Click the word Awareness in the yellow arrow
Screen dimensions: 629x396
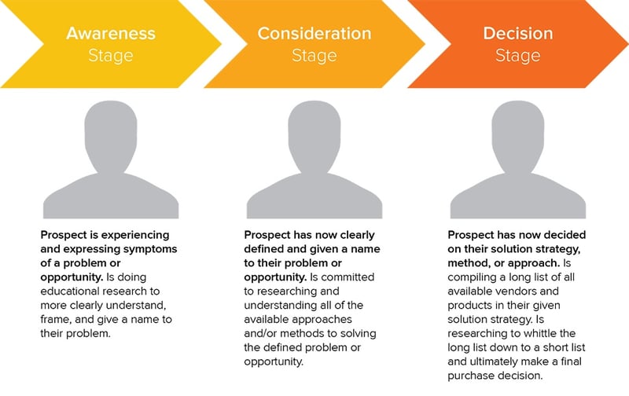(111, 33)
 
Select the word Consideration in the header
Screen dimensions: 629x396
(314, 33)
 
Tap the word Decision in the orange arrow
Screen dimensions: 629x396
(518, 33)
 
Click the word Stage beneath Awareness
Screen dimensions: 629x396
(111, 56)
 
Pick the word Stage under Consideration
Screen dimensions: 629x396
(314, 56)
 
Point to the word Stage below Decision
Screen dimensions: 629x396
(518, 56)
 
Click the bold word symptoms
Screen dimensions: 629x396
(150, 249)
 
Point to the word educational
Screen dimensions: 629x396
(68, 291)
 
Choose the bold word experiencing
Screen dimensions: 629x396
(136, 235)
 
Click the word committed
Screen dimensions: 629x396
(348, 277)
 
